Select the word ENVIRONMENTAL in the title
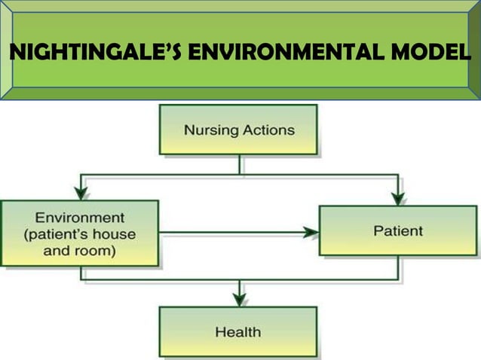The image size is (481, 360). click(x=272, y=54)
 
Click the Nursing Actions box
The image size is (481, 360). click(x=239, y=130)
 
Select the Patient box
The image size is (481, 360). click(x=397, y=231)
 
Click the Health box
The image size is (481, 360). click(x=237, y=331)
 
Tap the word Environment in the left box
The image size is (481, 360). click(x=80, y=218)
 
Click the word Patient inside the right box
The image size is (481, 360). click(x=397, y=231)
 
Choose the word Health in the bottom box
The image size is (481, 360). click(x=237, y=331)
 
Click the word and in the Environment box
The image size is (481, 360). click(x=57, y=251)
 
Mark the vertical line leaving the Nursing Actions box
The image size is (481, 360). click(x=239, y=165)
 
